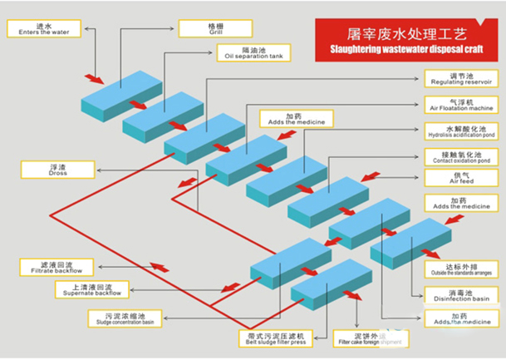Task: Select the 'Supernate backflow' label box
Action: (x=91, y=289)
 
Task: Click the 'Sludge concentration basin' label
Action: (x=125, y=318)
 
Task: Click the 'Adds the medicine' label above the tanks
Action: (x=283, y=119)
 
